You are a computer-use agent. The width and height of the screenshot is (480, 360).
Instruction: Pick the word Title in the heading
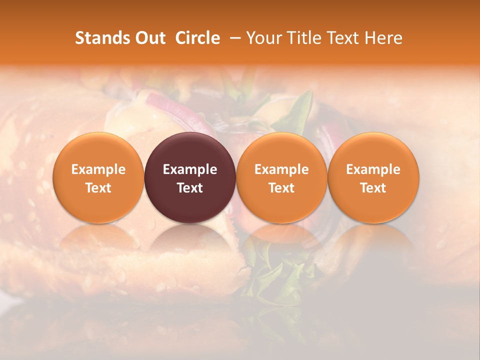coord(305,38)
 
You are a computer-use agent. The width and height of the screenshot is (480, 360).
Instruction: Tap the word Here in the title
coord(384,38)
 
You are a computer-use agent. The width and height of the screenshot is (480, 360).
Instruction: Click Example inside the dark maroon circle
coord(190,169)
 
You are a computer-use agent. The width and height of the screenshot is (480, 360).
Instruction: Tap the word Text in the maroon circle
coord(190,188)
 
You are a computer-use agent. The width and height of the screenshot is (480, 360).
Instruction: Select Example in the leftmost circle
coord(98,169)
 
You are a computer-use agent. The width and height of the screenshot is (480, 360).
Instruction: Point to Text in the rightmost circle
coord(373,188)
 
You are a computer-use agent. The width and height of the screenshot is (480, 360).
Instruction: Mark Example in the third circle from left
coord(281,169)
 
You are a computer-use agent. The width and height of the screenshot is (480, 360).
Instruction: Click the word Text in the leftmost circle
coord(98,188)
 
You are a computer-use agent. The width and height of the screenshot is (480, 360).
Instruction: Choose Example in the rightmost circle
coord(373,169)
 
